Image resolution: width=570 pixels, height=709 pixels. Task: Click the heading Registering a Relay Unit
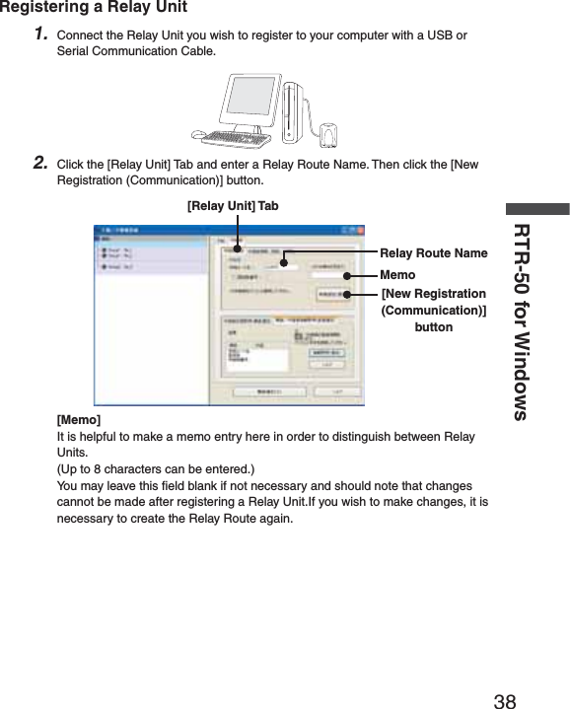point(94,9)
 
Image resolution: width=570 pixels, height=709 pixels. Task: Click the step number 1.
point(40,35)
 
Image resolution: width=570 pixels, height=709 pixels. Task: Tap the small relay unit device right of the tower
point(331,131)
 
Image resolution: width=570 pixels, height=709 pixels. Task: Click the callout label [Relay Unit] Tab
point(233,205)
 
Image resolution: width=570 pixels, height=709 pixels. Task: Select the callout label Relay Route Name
point(433,254)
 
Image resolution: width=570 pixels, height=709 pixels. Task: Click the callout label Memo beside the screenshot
point(397,275)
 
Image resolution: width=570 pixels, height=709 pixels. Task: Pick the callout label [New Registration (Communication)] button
point(433,310)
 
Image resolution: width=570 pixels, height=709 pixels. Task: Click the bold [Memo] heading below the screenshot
point(79,420)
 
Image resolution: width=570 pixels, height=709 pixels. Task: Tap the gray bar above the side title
point(537,208)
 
